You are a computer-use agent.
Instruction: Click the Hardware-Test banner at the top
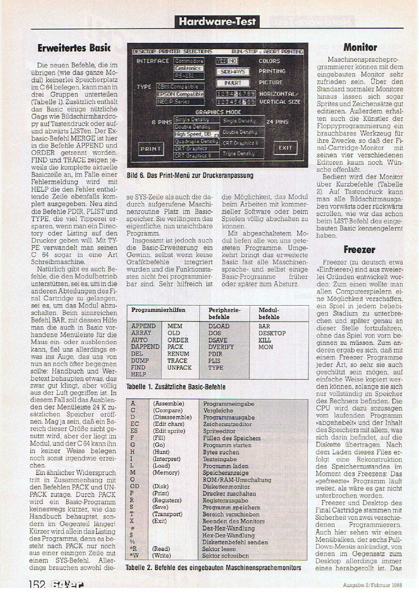(217, 21)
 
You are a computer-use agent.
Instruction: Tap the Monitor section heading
(360, 47)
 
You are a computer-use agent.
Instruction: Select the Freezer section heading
(360, 249)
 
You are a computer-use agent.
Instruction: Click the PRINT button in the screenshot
(151, 149)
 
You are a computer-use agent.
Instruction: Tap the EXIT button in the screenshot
(285, 148)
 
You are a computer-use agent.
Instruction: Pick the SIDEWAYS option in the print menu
(233, 72)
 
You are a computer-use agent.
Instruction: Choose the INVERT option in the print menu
(232, 83)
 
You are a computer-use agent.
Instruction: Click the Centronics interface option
(189, 68)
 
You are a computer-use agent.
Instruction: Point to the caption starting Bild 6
(190, 176)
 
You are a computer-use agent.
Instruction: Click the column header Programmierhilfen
(158, 310)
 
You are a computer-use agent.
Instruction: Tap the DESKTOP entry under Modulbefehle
(272, 333)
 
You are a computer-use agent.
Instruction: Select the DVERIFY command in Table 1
(222, 347)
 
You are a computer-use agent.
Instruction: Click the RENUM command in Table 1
(178, 354)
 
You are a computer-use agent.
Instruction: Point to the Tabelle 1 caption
(176, 387)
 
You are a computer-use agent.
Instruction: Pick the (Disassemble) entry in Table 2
(172, 417)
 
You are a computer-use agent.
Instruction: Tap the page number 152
(36, 585)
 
